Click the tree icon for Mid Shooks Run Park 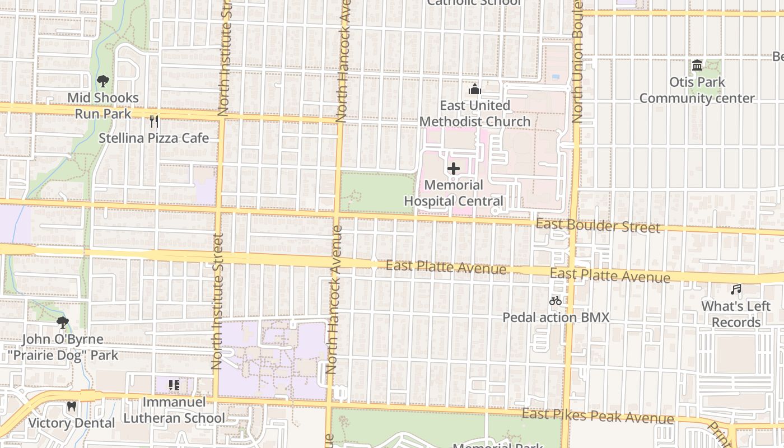click(102, 81)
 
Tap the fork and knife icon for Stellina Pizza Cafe click(154, 122)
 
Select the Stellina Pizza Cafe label click(154, 138)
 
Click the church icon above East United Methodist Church click(475, 89)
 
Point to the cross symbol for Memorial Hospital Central click(454, 169)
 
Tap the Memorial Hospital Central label click(454, 193)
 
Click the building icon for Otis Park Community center click(697, 66)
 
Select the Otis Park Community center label click(697, 90)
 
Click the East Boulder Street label click(598, 226)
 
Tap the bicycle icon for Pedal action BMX click(556, 301)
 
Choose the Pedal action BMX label click(556, 318)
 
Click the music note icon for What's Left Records click(736, 290)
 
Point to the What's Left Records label click(736, 314)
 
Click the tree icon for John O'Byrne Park click(63, 323)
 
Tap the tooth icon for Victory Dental click(71, 407)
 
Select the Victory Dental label click(71, 423)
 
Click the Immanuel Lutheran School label click(174, 410)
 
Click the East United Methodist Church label click(475, 114)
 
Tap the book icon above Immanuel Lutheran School click(174, 385)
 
